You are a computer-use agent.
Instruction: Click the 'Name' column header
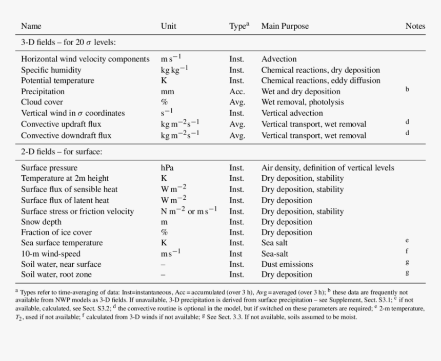pos(31,26)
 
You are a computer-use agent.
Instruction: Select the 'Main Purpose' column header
pos(285,26)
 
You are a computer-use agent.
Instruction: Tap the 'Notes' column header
pos(415,26)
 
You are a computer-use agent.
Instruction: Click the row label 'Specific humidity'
pos(51,70)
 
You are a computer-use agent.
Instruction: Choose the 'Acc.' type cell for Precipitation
pos(237,92)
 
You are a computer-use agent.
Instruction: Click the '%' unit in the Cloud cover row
pos(164,102)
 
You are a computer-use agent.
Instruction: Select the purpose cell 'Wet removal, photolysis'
pos(303,102)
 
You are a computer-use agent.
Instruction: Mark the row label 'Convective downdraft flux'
pos(66,136)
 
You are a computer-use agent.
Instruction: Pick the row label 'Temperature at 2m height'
pos(65,179)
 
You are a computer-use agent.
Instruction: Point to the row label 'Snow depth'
pos(41,222)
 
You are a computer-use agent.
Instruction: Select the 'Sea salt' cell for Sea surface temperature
pos(274,243)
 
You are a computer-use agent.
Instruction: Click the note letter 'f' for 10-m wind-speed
pos(407,251)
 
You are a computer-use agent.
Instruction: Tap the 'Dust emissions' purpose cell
pos(287,264)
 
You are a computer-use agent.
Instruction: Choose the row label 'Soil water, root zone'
pos(57,275)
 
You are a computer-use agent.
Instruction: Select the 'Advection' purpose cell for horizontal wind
pos(279,59)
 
